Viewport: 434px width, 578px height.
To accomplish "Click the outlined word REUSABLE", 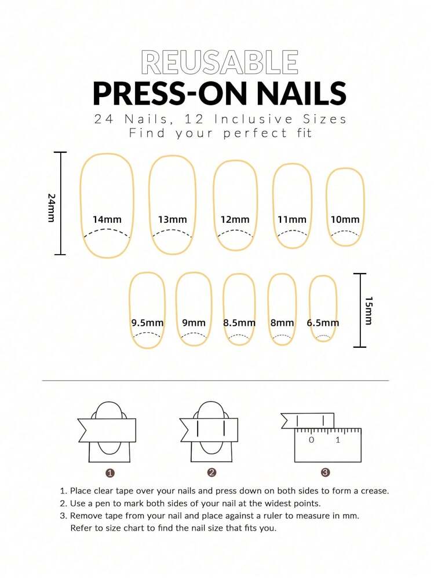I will point(220,62).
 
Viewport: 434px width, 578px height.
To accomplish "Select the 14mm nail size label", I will point(107,220).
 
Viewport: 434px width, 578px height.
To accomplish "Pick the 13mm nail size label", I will point(173,220).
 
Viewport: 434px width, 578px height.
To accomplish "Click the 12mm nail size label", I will point(235,220).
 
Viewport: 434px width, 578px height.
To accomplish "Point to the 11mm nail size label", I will point(292,220).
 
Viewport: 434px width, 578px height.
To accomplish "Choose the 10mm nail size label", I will point(345,220).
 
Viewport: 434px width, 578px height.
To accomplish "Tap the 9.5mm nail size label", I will point(147,323).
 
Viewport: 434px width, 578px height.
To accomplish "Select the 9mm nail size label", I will point(194,323).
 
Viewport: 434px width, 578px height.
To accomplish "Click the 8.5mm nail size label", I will point(239,323).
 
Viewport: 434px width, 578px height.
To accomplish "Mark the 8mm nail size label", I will point(282,323).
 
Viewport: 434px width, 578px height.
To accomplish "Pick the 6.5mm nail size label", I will point(323,323).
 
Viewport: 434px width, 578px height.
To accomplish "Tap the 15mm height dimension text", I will point(369,311).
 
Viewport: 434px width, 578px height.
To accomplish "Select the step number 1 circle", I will point(110,473).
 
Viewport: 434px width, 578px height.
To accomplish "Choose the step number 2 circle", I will point(211,473).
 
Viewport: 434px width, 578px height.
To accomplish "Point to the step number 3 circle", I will point(325,473).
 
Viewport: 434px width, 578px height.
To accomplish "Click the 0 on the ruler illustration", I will point(311,440).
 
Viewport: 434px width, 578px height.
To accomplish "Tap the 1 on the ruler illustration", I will point(338,440).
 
